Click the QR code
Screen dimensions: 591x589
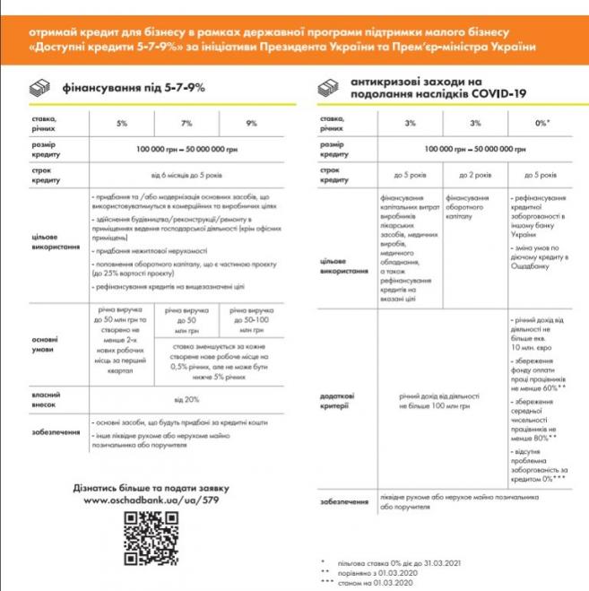(x=148, y=537)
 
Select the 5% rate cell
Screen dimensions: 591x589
(x=122, y=122)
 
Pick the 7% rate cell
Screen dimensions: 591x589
(x=186, y=122)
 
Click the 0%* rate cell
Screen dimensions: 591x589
(x=541, y=122)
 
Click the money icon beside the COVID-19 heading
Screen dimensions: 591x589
(x=331, y=89)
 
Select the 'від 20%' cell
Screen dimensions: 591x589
(x=186, y=398)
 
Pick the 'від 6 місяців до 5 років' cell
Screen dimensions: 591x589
(x=186, y=173)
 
